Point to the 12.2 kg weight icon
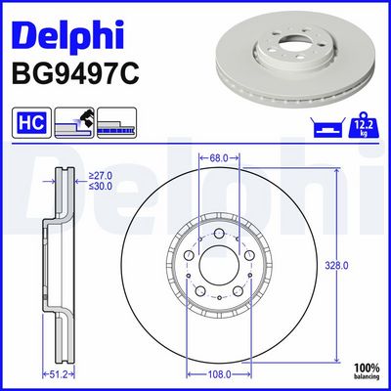click(x=364, y=125)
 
